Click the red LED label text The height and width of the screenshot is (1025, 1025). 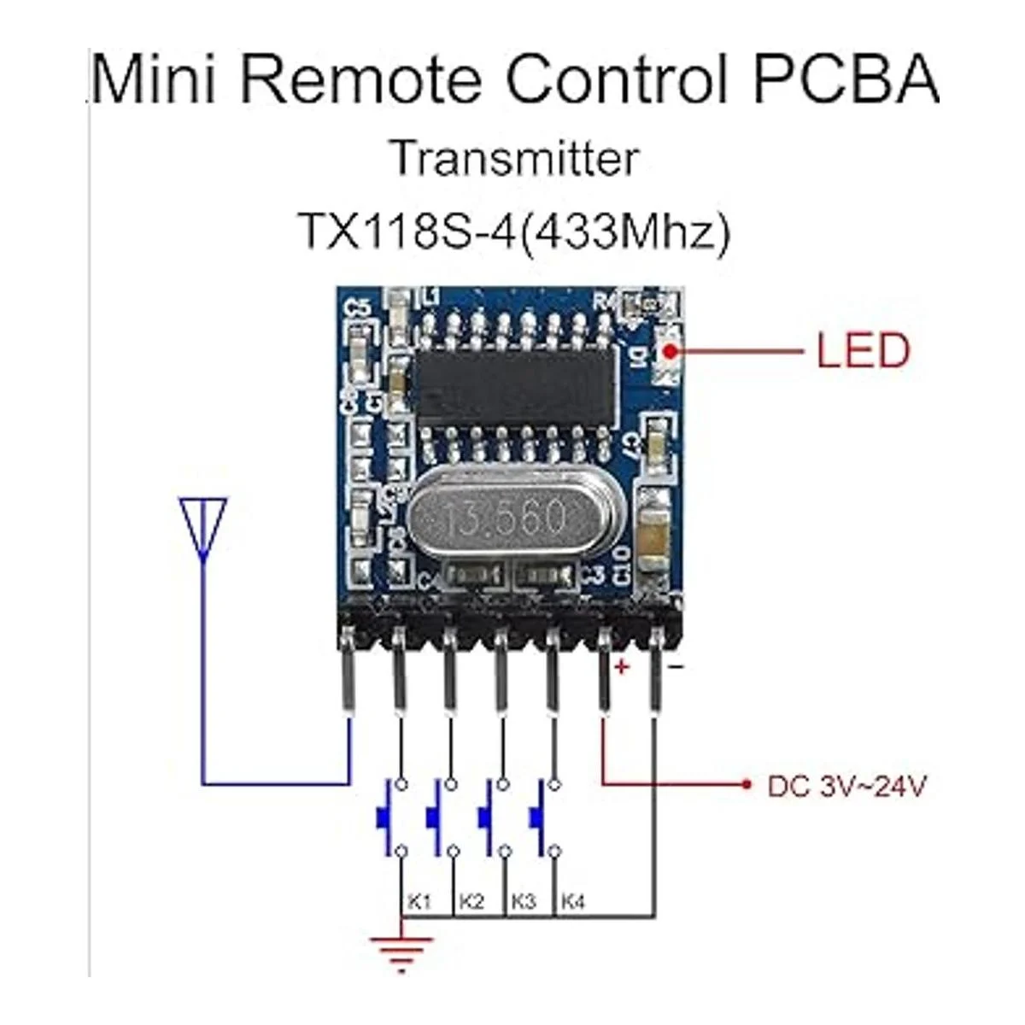pos(863,351)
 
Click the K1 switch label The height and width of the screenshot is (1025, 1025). pos(419,901)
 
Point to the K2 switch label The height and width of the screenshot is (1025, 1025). pos(471,901)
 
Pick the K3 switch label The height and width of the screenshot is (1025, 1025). pos(523,901)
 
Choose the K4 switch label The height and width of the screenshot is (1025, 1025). pos(574,901)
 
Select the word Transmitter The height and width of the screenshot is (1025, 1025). pos(514,159)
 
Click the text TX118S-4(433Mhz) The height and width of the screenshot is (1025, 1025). pos(514,231)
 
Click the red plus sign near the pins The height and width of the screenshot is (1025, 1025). pos(621,667)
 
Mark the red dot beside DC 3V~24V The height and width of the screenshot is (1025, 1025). pos(747,783)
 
